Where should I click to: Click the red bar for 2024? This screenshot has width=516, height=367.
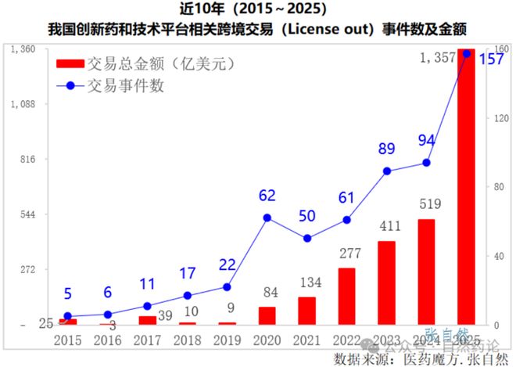426,272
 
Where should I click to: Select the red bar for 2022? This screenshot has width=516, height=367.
346,297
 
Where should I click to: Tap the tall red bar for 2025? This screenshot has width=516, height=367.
466,188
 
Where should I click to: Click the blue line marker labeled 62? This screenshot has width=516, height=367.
267,218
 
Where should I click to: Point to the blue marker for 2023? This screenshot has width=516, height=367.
386,171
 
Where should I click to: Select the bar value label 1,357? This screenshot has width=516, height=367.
436,57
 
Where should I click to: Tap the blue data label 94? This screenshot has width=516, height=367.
426,141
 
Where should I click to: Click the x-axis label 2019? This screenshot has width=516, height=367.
228,341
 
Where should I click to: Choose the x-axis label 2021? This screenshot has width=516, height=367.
306,341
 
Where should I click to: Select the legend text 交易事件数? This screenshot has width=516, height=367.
126,86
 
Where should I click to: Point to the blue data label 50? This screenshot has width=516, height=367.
306,216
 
